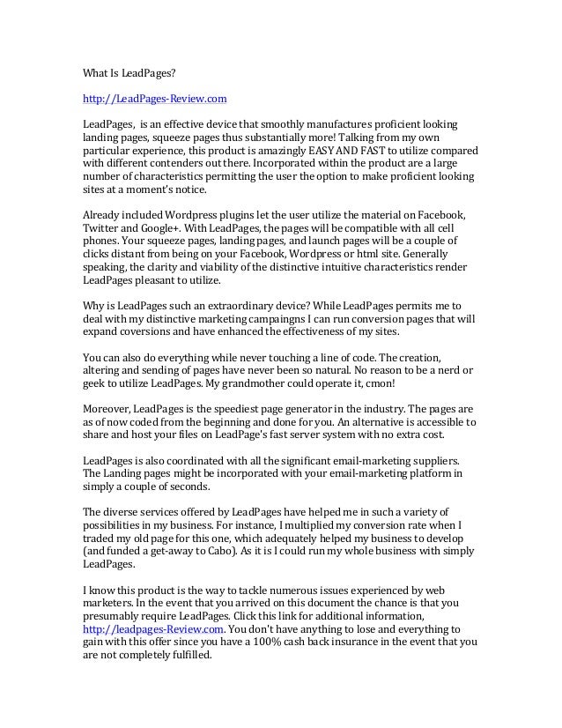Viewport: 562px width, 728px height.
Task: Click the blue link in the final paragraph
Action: [152, 629]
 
